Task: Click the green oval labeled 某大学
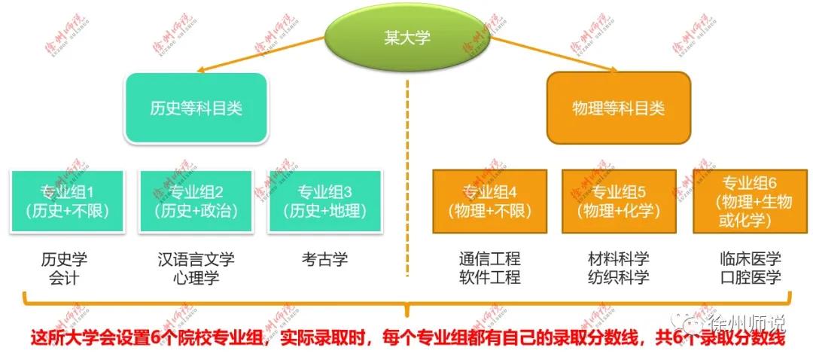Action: click(406, 38)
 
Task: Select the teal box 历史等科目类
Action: click(196, 108)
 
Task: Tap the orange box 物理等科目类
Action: click(618, 108)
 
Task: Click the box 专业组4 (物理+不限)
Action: click(489, 201)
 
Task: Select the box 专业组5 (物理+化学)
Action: click(619, 201)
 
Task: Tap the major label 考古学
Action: click(324, 260)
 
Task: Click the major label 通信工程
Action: click(489, 260)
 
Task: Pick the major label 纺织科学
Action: click(618, 278)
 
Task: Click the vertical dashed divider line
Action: click(407, 181)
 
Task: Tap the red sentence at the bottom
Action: click(407, 338)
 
